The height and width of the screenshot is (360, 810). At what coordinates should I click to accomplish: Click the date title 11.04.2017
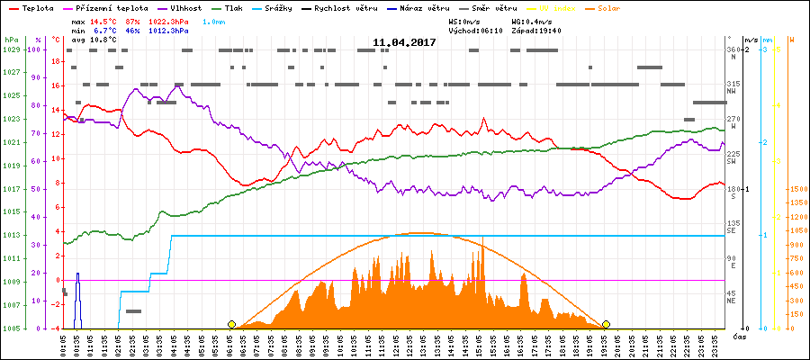coord(404,42)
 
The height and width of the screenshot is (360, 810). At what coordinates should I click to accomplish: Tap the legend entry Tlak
coord(232,7)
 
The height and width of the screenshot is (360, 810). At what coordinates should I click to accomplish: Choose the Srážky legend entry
coord(290,7)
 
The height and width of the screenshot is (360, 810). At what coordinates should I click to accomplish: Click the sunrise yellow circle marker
coord(231,324)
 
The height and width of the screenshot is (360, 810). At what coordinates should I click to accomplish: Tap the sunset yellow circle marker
coord(606,324)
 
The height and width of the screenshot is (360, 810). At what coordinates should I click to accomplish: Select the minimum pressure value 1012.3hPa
coord(169,30)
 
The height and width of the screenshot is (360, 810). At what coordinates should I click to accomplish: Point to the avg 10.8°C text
coord(94,40)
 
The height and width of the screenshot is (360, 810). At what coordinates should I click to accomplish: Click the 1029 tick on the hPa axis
coord(11,49)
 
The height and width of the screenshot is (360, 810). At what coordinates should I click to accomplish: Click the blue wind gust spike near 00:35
coord(77,297)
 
